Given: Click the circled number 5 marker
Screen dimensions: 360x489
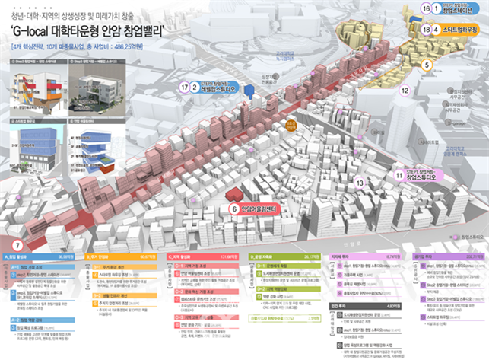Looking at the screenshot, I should tap(427, 65).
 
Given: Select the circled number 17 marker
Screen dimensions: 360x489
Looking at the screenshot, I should tap(184, 88).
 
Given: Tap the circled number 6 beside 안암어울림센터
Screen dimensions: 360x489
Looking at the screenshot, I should tap(233, 207).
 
